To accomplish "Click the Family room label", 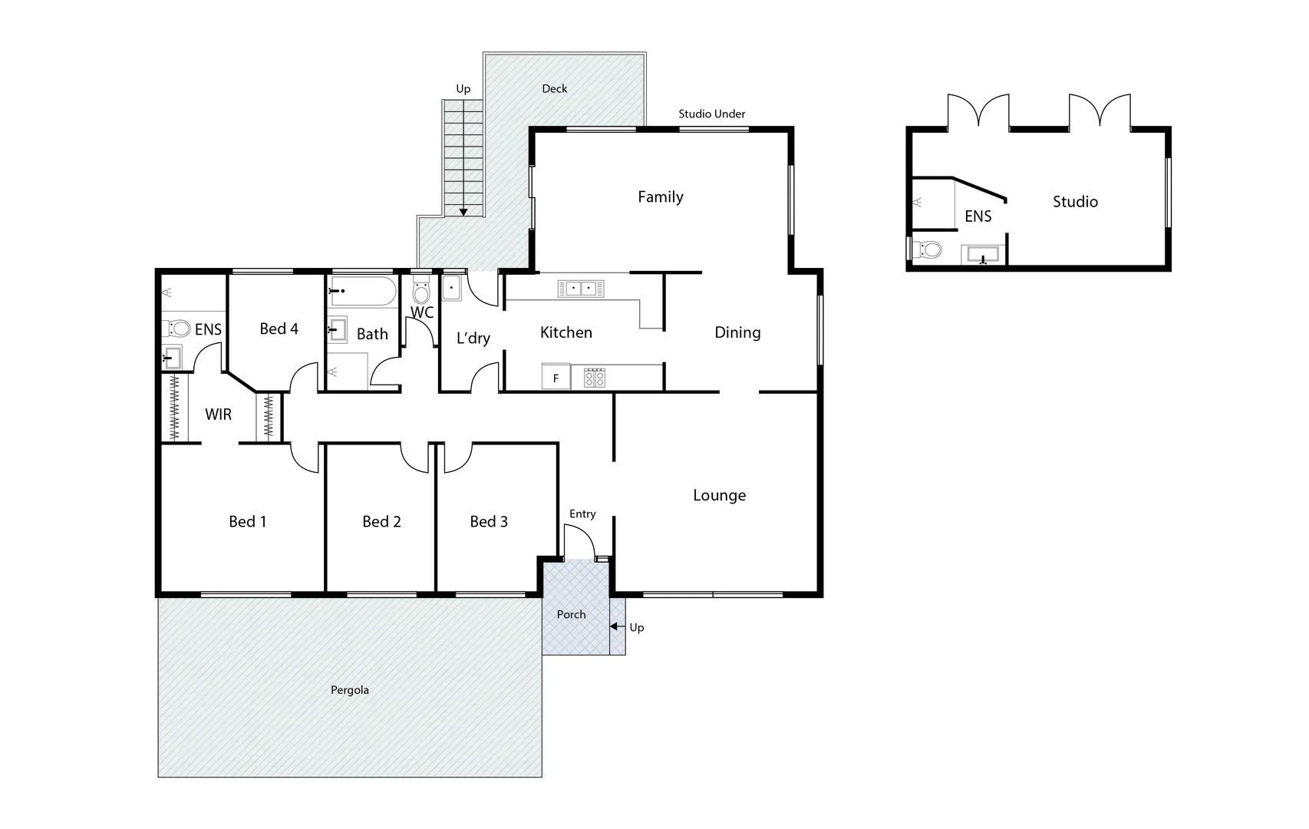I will coord(660,197).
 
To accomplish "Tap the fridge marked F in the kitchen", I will coord(556,378).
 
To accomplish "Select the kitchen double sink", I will coord(581,289).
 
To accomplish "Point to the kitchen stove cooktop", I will coord(595,378).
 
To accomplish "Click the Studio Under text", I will coord(711,114).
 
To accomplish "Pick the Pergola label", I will coord(349,690).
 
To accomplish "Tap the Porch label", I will coord(571,614).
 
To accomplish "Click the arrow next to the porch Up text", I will coord(616,627).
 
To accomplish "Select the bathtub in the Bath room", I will coord(364,291).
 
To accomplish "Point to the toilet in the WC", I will coord(421,292).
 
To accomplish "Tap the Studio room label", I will coord(1074,202).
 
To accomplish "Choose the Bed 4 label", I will coord(279,329).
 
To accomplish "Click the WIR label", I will coord(218,414).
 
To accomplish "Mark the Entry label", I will coord(582,514).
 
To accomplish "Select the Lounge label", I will coord(719,495).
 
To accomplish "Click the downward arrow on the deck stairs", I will coord(463,212).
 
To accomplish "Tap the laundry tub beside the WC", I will coord(451,288).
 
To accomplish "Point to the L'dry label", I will coord(473,338).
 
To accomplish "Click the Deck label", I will coord(554,88).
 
